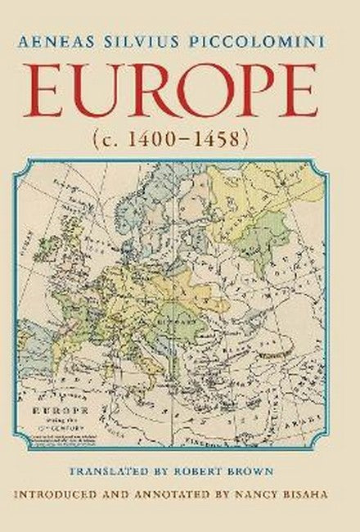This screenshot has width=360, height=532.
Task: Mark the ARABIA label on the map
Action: [x=307, y=426]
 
